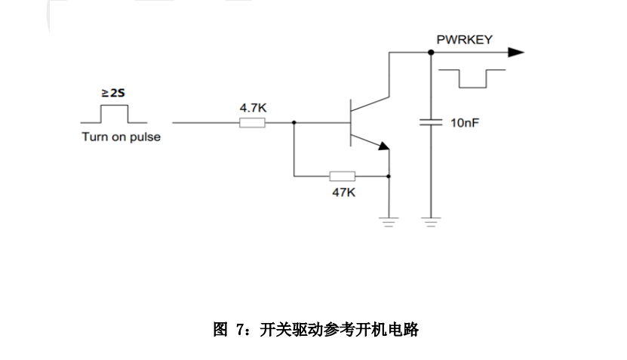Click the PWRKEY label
pyautogui.click(x=464, y=39)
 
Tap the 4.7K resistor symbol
pyautogui.click(x=253, y=122)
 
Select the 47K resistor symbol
pyautogui.click(x=343, y=177)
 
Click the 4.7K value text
pyautogui.click(x=253, y=108)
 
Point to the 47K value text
pyautogui.click(x=343, y=192)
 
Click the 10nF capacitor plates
pyautogui.click(x=431, y=122)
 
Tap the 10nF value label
pyautogui.click(x=465, y=122)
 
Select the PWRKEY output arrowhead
pyautogui.click(x=515, y=52)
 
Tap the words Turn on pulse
pyautogui.click(x=121, y=137)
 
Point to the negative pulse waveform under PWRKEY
pyautogui.click(x=472, y=78)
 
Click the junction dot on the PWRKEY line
pyautogui.click(x=431, y=52)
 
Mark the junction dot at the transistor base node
pyautogui.click(x=294, y=122)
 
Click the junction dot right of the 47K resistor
pyautogui.click(x=388, y=177)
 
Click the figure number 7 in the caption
pyautogui.click(x=240, y=330)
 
